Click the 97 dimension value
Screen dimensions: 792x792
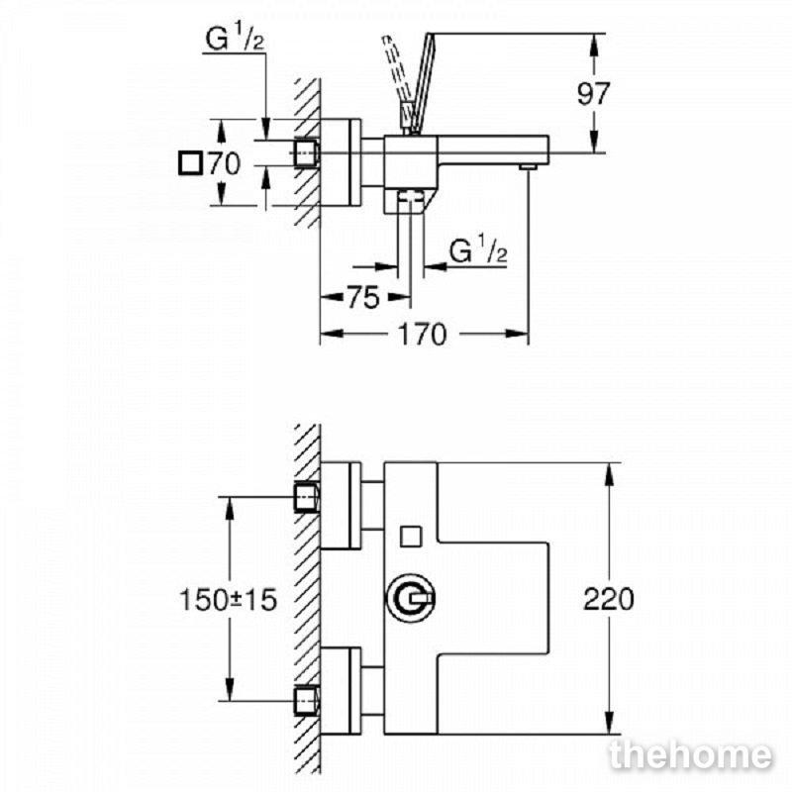tap(593, 94)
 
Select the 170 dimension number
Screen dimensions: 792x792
tap(423, 335)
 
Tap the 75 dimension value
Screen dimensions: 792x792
tap(363, 298)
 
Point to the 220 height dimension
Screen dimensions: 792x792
tap(608, 600)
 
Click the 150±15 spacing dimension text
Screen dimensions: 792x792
tap(229, 600)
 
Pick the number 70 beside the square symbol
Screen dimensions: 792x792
tap(225, 163)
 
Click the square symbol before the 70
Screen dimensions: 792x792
tap(190, 163)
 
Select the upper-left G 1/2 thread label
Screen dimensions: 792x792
tap(235, 39)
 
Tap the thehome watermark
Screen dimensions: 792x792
tap(691, 755)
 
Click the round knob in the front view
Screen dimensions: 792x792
tap(411, 599)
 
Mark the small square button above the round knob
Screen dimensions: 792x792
tap(411, 537)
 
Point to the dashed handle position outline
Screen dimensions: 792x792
tap(397, 81)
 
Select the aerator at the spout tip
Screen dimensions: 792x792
tap(529, 166)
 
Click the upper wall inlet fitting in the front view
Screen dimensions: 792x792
tap(306, 497)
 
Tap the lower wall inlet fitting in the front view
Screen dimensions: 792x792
tap(306, 701)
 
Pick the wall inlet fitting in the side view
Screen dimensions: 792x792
tap(306, 152)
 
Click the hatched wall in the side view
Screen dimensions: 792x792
tap(308, 152)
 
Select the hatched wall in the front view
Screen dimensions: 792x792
tap(308, 599)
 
